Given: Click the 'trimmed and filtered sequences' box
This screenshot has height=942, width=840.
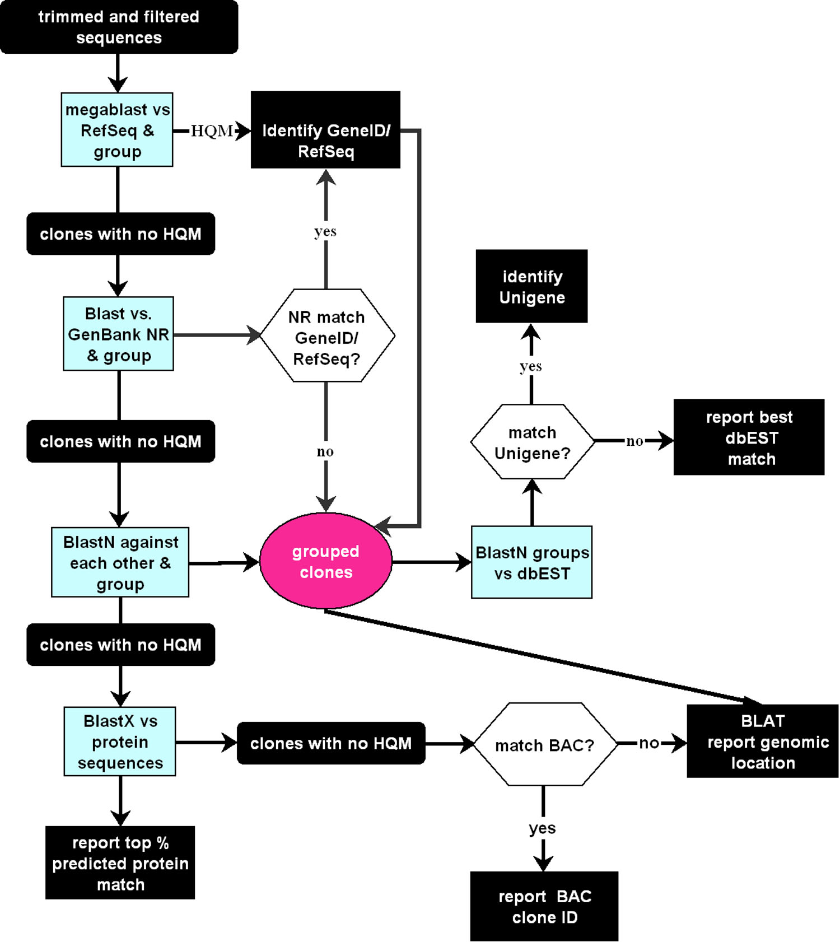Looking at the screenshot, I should (x=119, y=27).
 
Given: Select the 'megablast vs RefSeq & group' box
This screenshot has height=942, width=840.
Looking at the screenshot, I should (x=117, y=130).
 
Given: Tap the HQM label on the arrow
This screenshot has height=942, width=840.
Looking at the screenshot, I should (x=212, y=131).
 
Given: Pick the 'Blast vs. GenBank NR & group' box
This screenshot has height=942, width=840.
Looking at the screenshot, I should (x=118, y=334).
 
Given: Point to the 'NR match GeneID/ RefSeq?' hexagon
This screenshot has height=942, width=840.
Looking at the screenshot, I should (x=327, y=336).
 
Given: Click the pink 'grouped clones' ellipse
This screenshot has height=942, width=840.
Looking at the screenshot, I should (x=326, y=561).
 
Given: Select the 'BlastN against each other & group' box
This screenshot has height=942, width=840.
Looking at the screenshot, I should (x=120, y=562).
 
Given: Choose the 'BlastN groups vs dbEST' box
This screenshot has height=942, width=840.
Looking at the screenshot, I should (x=531, y=562).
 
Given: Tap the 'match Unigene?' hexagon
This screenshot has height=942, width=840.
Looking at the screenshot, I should (x=532, y=442).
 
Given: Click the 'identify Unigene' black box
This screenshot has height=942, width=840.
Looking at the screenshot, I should (x=531, y=286).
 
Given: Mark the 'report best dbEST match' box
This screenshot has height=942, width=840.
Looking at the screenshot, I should (x=749, y=437).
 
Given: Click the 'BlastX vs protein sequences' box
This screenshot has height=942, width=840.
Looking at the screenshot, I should (x=120, y=742).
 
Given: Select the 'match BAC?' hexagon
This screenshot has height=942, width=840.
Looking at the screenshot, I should (x=544, y=745).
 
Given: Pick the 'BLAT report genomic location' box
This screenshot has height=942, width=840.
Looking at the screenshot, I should (x=762, y=742).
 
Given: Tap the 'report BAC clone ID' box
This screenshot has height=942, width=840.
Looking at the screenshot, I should (x=544, y=906).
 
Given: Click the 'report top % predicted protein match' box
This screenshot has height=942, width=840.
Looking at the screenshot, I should (x=120, y=863).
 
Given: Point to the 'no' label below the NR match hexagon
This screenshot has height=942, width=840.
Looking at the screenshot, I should (x=325, y=451).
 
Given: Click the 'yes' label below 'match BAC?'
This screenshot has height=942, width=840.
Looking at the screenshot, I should (x=543, y=828).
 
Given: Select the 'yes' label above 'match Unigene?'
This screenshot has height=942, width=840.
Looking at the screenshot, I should (x=531, y=366).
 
